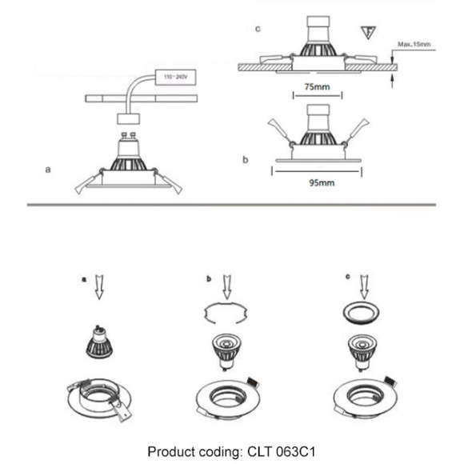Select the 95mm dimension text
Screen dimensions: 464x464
[318, 182]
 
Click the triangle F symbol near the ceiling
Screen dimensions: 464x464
[368, 32]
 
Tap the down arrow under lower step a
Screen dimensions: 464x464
[99, 286]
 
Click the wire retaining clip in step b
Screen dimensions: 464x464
[229, 314]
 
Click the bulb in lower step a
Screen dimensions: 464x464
[99, 344]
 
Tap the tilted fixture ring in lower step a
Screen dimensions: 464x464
[100, 398]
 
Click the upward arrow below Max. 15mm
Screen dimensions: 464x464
[393, 82]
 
